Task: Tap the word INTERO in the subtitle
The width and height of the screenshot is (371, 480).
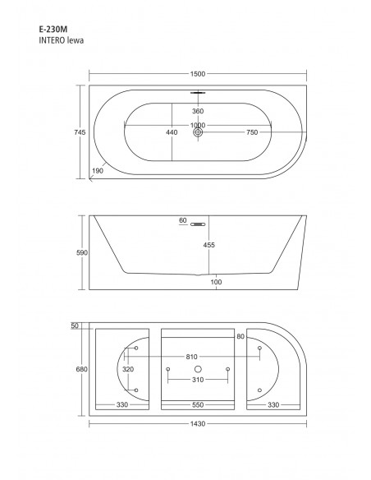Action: [x=53, y=39]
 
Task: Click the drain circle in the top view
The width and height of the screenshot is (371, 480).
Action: [x=197, y=132]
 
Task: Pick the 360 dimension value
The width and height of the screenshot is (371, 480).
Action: [x=197, y=111]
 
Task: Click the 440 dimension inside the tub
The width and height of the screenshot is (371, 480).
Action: [x=171, y=132]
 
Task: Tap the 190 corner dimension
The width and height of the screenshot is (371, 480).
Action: [x=98, y=172]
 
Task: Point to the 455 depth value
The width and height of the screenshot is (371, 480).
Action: [x=209, y=243]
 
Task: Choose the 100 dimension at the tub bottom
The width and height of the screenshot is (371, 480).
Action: [x=215, y=282]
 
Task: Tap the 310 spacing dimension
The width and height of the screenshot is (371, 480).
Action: [x=197, y=379]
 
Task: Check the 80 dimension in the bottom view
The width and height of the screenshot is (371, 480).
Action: [x=241, y=336]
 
